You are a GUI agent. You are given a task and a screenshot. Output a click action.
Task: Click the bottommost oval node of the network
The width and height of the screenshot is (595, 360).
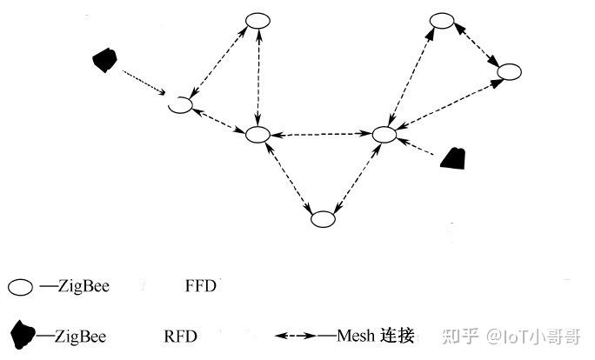pos(323,219)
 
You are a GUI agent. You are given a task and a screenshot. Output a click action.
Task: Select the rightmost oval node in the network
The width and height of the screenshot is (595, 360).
pos(509,71)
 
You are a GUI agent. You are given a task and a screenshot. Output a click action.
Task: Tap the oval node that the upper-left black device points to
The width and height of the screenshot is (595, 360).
pos(180,104)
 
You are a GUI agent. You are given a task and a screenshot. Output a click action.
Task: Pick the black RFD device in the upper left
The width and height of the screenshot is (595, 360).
pos(105,60)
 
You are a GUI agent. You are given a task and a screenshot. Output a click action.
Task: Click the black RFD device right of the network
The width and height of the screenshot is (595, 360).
pos(453,157)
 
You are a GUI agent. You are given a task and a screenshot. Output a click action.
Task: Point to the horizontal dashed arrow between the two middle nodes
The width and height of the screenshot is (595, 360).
pos(321,134)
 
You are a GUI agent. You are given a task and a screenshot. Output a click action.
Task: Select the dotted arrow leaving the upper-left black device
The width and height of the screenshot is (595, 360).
pos(144,83)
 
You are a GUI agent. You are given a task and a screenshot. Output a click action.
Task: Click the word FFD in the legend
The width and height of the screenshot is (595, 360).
pos(201,286)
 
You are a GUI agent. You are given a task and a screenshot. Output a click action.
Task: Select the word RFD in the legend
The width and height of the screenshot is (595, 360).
pos(180,335)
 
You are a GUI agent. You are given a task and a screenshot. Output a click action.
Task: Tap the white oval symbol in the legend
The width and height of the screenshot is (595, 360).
pos(21,286)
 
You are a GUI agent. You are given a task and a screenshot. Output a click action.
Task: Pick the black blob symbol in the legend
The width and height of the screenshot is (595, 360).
pos(23,333)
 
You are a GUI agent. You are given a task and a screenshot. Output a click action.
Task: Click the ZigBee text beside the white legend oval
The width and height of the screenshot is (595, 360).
pos(84,286)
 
